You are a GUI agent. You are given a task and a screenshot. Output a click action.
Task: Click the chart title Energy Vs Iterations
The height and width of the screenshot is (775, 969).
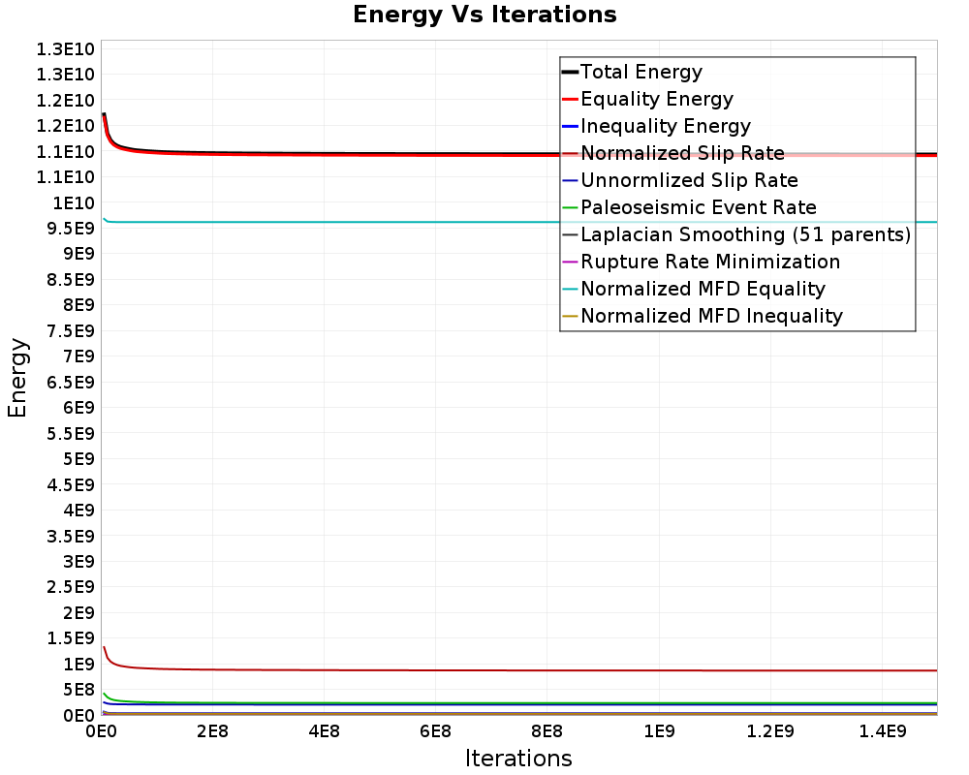click(484, 15)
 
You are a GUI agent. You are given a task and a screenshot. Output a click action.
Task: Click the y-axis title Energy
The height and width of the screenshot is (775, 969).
click(17, 378)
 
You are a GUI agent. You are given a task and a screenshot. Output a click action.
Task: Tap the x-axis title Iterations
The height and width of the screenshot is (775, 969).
click(518, 758)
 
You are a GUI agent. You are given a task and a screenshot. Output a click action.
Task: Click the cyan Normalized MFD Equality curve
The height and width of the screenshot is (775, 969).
click(519, 222)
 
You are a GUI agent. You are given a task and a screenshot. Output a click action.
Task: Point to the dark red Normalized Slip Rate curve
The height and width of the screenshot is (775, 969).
click(519, 670)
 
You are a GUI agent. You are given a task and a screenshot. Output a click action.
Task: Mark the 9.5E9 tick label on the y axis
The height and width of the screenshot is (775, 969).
click(71, 229)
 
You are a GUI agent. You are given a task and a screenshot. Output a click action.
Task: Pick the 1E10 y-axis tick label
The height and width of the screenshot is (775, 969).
click(74, 202)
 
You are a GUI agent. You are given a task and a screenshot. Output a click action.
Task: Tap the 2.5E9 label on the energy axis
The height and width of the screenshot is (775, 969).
click(71, 587)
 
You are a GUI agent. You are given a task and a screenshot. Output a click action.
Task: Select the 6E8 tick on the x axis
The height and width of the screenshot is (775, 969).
click(435, 731)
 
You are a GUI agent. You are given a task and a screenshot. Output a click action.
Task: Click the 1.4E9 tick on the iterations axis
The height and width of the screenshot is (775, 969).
click(882, 731)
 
